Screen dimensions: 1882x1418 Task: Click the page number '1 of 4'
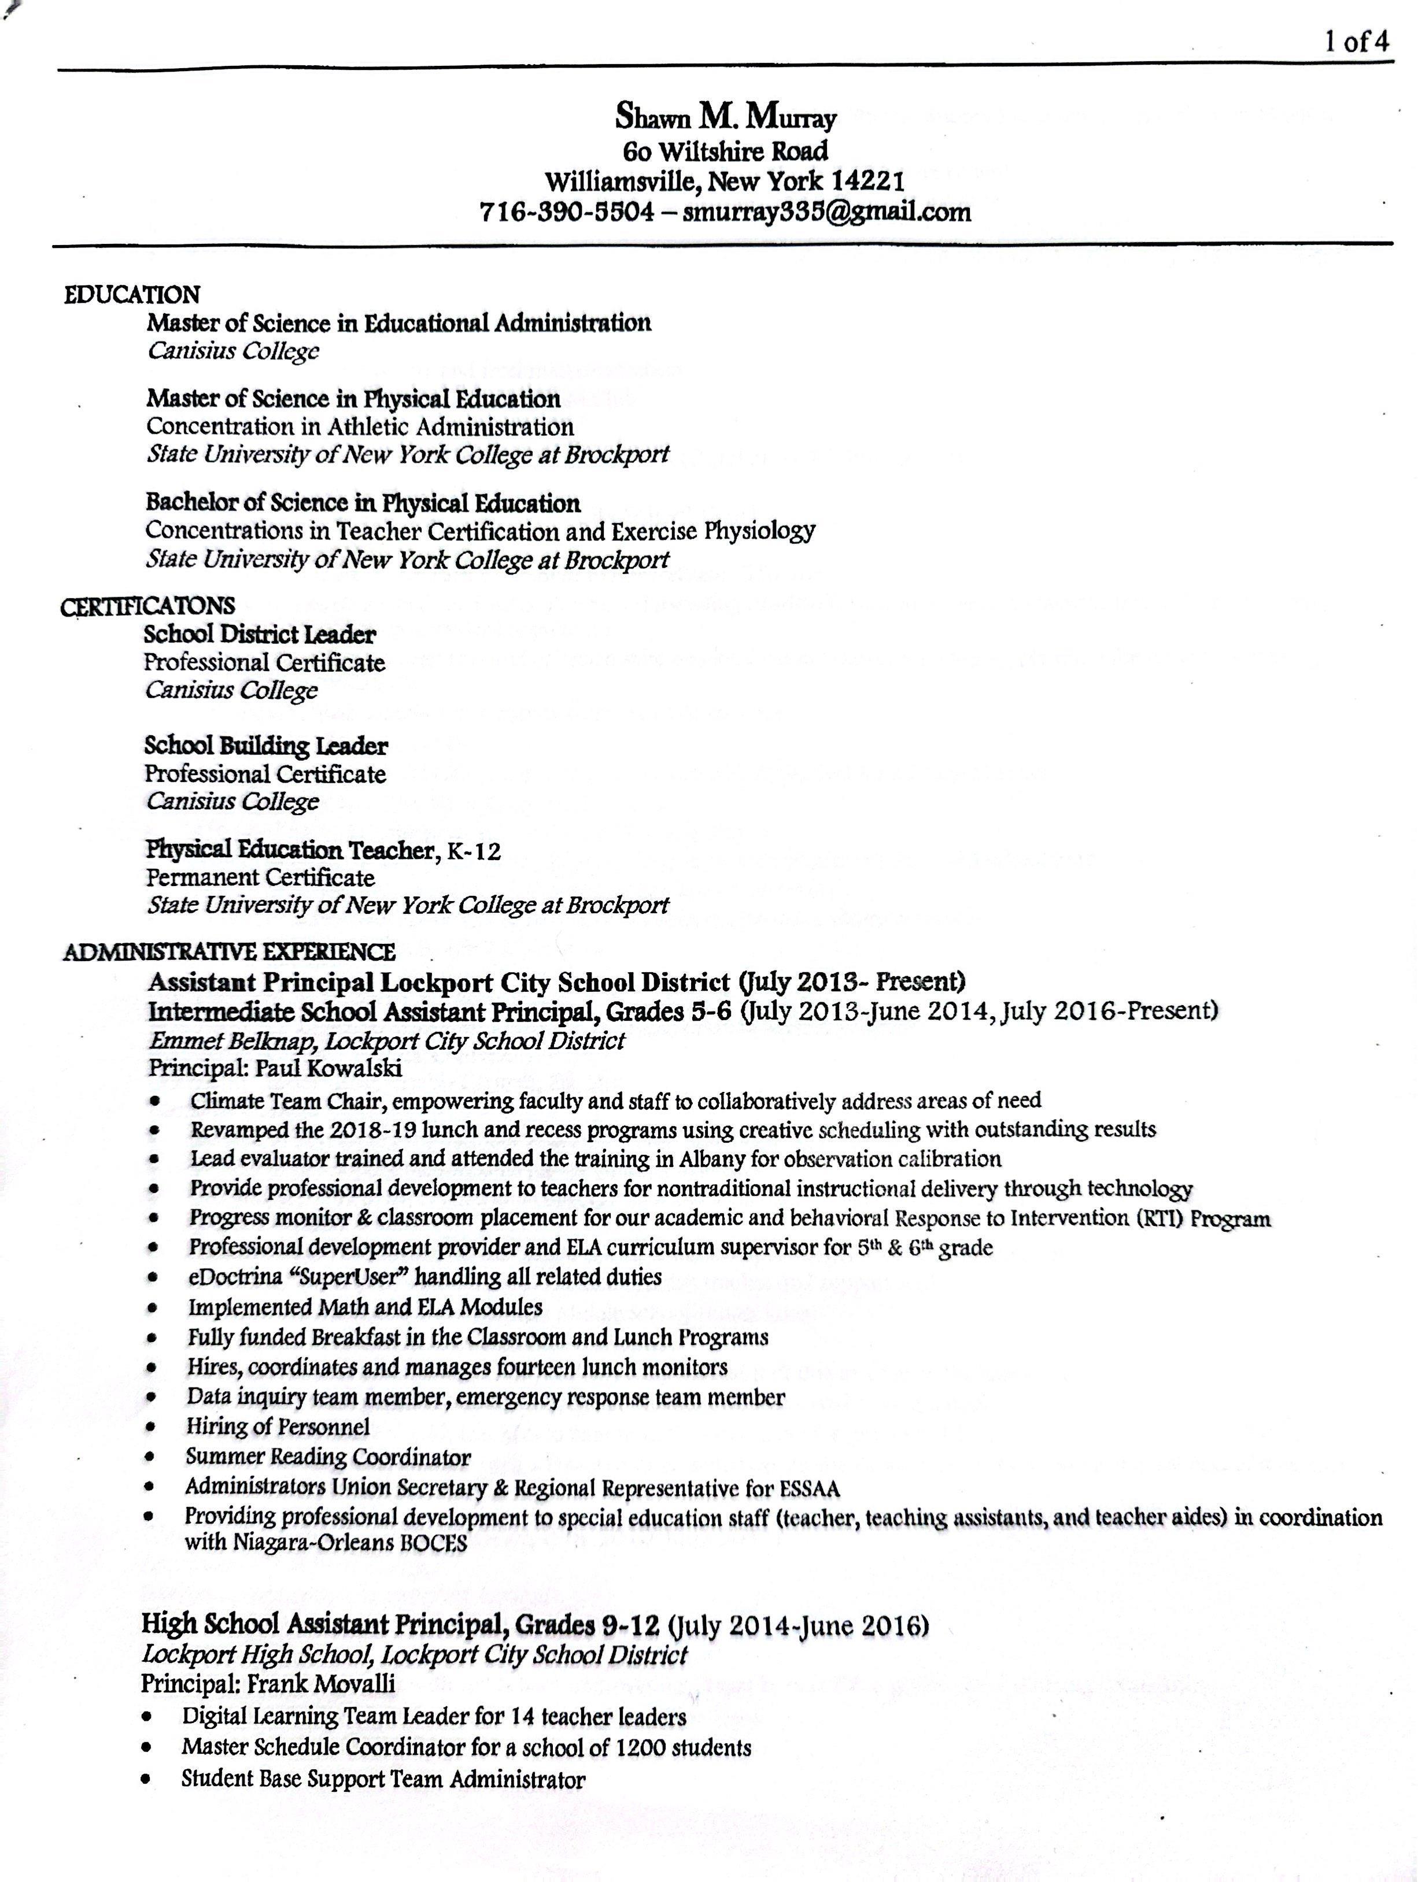click(x=1357, y=43)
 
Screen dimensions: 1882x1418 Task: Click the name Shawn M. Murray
click(x=725, y=117)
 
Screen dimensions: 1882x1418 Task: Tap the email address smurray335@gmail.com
click(x=826, y=211)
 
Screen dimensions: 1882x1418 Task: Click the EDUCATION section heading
click(x=132, y=294)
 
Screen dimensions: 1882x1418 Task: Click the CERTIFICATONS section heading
click(x=147, y=606)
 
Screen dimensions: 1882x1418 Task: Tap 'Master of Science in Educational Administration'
click(x=398, y=323)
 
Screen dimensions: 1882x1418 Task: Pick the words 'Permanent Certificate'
click(x=260, y=877)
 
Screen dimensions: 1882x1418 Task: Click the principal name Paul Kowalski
click(x=328, y=1067)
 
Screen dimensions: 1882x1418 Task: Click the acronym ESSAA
click(x=810, y=1488)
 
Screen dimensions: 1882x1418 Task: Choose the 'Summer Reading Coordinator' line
click(x=328, y=1457)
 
